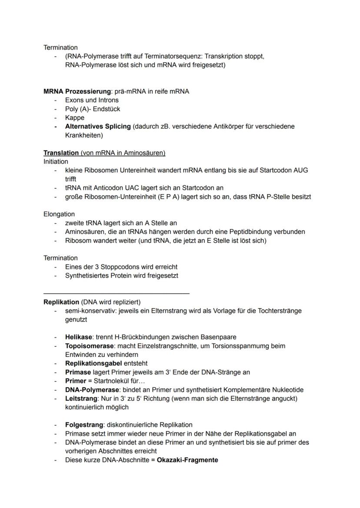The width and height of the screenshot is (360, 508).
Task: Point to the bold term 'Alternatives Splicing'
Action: click(x=98, y=126)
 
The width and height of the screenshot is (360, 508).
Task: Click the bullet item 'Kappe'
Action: click(x=75, y=118)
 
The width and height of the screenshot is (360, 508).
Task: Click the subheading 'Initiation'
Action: click(x=56, y=162)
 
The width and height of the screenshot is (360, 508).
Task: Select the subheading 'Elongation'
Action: click(x=59, y=214)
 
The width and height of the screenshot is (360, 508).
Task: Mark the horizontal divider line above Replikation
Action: click(x=117, y=293)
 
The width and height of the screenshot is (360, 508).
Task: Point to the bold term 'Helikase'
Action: click(x=78, y=337)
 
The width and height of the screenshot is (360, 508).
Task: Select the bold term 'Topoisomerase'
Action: click(x=89, y=346)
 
